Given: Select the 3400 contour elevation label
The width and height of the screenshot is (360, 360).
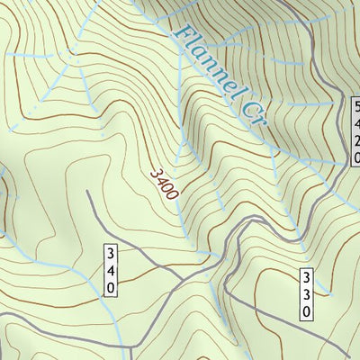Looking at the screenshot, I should click(x=165, y=182).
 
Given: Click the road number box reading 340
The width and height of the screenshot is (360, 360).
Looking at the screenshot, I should click(x=111, y=269).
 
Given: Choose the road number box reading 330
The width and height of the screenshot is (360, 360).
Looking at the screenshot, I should click(x=306, y=293).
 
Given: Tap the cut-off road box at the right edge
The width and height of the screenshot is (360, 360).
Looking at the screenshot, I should click(x=355, y=131).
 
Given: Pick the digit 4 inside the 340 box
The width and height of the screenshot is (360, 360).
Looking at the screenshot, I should click(x=111, y=269).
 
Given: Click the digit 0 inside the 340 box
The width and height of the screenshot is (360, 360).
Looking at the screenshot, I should click(x=111, y=286).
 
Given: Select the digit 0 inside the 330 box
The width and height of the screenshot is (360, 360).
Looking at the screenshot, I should click(x=306, y=310).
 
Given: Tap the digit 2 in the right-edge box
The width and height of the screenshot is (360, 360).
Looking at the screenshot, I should click(x=355, y=139).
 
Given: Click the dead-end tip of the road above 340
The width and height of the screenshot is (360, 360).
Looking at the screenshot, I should click(x=86, y=191).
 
